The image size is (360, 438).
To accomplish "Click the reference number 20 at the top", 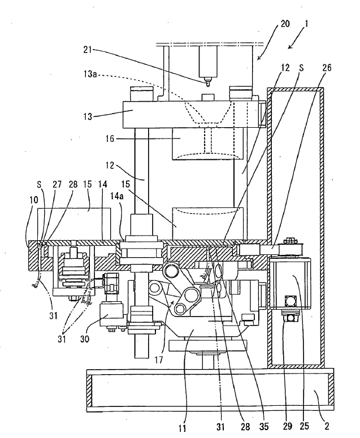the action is [x=285, y=24].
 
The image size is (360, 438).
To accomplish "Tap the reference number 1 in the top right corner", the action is [x=306, y=24].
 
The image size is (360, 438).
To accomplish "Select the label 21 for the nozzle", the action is [x=88, y=50].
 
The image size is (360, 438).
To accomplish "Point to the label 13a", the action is [x=90, y=74].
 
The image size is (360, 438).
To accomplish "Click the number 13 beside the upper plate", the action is [x=88, y=116].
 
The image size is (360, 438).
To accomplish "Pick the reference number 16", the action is [x=110, y=138].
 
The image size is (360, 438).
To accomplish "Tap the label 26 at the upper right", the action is [x=327, y=68].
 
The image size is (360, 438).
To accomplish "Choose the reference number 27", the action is [x=58, y=184].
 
